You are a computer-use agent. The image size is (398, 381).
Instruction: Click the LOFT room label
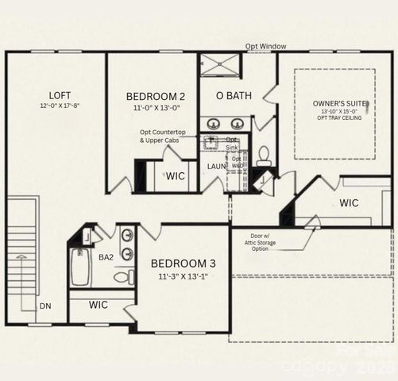(x=54, y=94)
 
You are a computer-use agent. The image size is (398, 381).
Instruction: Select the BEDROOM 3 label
(x=183, y=263)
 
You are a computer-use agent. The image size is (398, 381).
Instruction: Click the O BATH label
(x=235, y=96)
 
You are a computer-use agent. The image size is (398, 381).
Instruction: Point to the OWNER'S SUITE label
(x=334, y=103)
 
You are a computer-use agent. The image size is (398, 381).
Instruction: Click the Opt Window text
(x=265, y=47)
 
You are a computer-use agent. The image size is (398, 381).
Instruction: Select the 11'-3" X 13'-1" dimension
(x=183, y=276)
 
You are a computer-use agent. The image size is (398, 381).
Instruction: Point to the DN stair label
(x=46, y=305)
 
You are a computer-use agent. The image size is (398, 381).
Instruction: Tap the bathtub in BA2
(x=79, y=267)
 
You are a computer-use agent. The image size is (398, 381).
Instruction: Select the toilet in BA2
(x=124, y=277)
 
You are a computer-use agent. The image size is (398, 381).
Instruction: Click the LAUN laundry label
(x=217, y=167)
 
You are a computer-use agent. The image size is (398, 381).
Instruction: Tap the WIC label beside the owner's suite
(x=349, y=202)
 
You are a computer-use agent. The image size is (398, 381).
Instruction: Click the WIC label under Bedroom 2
(x=176, y=176)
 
